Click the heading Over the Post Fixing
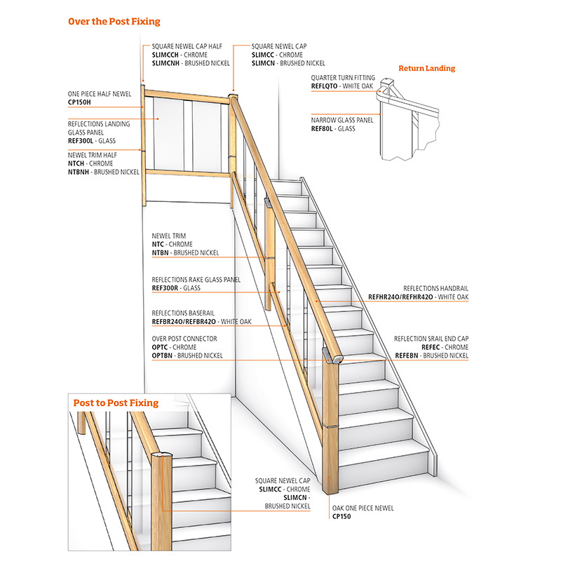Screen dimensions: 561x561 [x=114, y=22]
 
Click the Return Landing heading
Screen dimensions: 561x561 [x=426, y=69]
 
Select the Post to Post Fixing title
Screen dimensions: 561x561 [x=116, y=403]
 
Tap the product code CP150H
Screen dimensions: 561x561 [x=80, y=102]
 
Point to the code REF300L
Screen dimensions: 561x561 [x=81, y=140]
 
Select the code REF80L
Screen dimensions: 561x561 [x=322, y=129]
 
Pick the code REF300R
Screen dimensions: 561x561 [x=166, y=288]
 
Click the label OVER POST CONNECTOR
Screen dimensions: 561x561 [x=184, y=339]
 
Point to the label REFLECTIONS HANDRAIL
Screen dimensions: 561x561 [x=435, y=288]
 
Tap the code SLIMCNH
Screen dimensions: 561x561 [x=166, y=63]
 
